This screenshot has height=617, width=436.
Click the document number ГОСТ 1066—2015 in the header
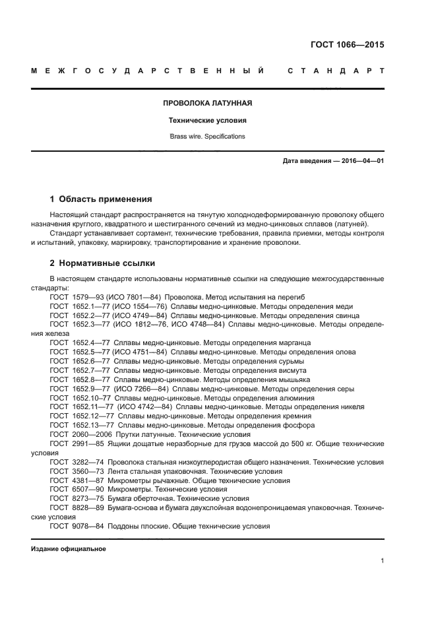[347, 46]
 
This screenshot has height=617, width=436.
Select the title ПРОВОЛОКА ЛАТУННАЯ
[207, 103]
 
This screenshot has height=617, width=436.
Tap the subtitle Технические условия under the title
[207, 121]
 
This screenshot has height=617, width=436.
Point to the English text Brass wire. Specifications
[207, 137]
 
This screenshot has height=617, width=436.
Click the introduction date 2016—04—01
[360, 161]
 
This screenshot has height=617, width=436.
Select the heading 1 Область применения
[102, 199]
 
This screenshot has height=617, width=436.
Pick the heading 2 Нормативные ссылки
[103, 263]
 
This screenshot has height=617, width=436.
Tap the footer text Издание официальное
[68, 549]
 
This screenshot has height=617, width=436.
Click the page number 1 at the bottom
[382, 561]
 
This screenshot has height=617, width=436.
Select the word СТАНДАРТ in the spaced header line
[336, 71]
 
